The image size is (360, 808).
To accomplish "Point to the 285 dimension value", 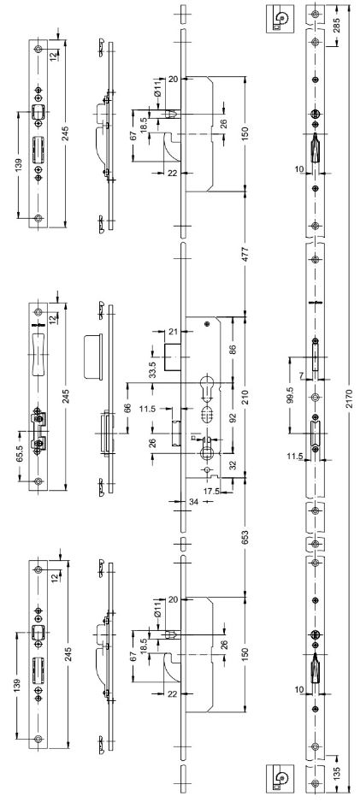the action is tap(337, 26).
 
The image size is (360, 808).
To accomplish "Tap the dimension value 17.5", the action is tap(212, 491).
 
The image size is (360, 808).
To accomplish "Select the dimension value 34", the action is tap(180, 501).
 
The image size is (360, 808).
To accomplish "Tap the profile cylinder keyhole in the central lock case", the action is tap(206, 388).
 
